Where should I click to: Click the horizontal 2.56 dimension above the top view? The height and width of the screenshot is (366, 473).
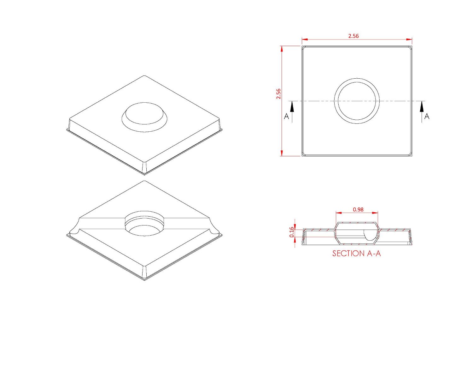click(x=353, y=36)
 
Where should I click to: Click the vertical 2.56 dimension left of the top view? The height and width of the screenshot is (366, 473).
click(x=278, y=94)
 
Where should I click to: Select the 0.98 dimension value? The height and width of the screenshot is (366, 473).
click(x=358, y=209)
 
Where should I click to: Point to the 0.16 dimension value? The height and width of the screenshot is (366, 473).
click(x=292, y=232)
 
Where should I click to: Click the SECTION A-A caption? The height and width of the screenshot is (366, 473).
click(x=356, y=253)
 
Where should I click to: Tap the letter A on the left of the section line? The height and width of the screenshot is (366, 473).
click(x=286, y=117)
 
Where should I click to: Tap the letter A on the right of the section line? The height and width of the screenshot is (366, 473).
click(x=427, y=117)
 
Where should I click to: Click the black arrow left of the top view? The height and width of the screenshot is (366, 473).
click(x=292, y=107)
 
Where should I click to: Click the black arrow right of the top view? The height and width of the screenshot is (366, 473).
click(x=422, y=107)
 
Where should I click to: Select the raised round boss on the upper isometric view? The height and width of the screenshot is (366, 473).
click(x=144, y=114)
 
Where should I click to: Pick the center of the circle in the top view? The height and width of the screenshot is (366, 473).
click(x=357, y=101)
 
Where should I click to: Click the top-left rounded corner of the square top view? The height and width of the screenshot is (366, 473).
click(x=304, y=48)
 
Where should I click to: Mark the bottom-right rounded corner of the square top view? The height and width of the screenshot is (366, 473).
click(x=410, y=154)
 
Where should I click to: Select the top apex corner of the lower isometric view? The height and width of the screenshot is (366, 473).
click(x=144, y=181)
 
